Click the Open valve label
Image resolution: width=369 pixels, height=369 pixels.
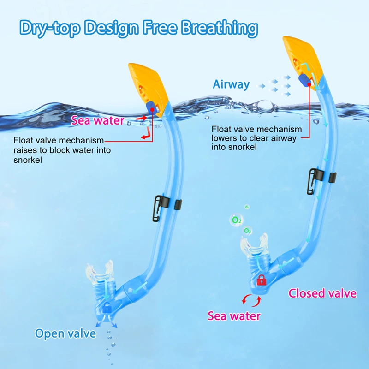65,333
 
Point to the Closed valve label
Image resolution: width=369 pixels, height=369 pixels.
322,293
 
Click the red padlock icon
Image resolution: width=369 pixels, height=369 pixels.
261,279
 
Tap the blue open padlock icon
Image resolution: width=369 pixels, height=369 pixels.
107,307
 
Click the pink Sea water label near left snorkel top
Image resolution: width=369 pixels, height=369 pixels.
97,121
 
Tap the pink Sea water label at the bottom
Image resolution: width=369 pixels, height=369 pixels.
234,316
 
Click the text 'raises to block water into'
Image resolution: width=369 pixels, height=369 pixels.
62,150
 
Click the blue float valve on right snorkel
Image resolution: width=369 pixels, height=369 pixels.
304,81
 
